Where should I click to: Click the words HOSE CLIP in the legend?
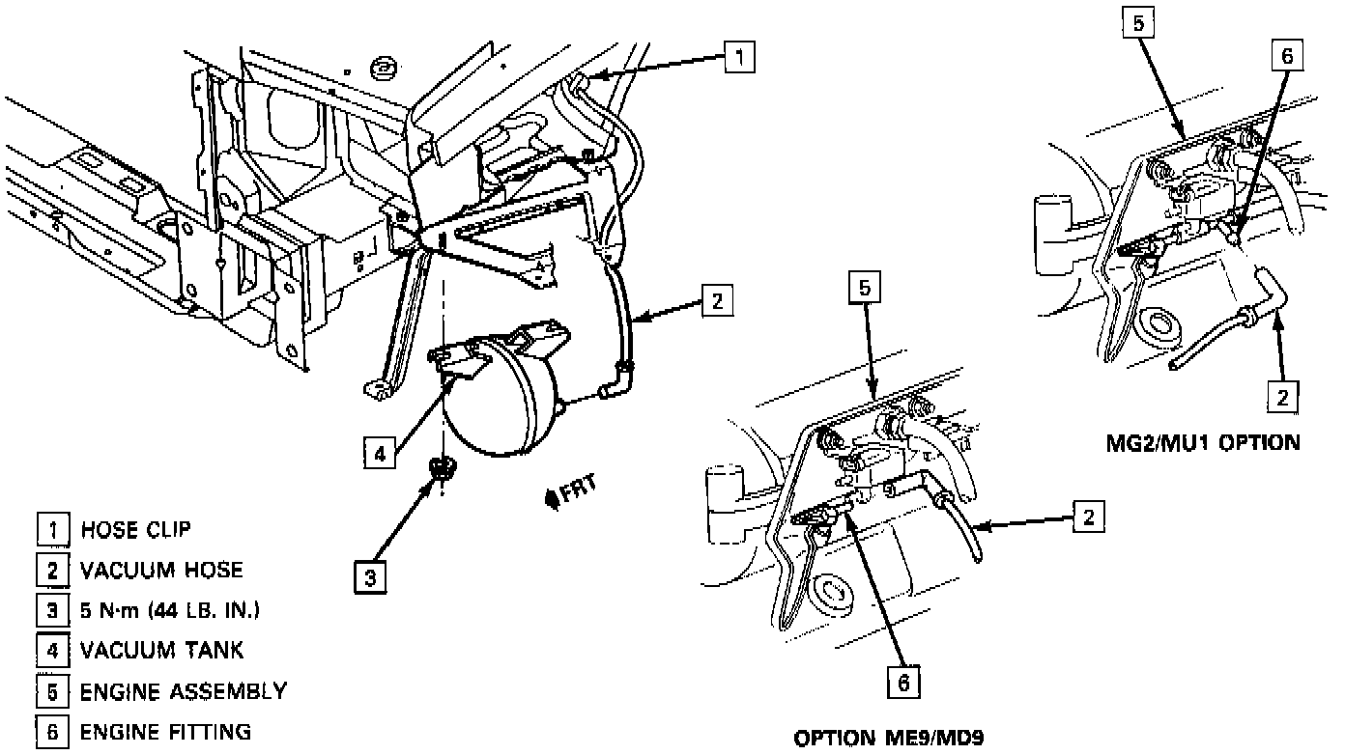pyautogui.click(x=135, y=530)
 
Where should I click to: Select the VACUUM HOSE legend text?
pyautogui.click(x=161, y=570)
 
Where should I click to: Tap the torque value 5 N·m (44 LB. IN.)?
pyautogui.click(x=171, y=610)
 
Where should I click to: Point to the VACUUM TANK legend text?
pyautogui.click(x=161, y=651)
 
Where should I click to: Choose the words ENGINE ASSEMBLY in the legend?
pyautogui.click(x=183, y=691)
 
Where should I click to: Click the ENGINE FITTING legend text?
pyautogui.click(x=165, y=731)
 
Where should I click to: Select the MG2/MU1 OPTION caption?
pyautogui.click(x=1202, y=443)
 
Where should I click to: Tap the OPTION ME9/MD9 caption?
pyautogui.click(x=894, y=740)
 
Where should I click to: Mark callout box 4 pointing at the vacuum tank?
pyautogui.click(x=381, y=451)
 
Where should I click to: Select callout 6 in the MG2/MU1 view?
pyautogui.click(x=1286, y=57)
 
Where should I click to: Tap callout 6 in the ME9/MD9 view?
pyautogui.click(x=902, y=682)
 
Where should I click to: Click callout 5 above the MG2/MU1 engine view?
pyautogui.click(x=1139, y=24)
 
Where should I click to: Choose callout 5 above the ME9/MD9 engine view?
pyautogui.click(x=866, y=288)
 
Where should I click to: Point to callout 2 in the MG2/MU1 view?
pyautogui.click(x=1283, y=397)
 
